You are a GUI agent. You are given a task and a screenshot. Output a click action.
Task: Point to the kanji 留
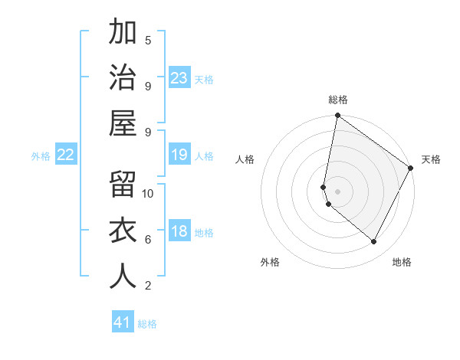[123, 185]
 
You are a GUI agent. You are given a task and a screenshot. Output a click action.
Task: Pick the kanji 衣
[123, 231]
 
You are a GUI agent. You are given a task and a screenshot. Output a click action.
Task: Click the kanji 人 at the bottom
[123, 277]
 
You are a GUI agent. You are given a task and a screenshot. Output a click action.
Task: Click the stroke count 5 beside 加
[148, 40]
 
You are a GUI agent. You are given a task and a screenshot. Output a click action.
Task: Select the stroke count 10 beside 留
[148, 193]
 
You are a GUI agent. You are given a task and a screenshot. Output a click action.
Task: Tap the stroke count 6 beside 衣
[148, 239]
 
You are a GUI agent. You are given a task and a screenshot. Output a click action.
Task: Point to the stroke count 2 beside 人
[148, 286]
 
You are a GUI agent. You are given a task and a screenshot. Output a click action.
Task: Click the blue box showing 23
[179, 78]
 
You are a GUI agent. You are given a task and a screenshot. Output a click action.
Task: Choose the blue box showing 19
[179, 155]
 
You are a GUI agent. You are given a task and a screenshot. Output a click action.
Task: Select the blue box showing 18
[179, 231]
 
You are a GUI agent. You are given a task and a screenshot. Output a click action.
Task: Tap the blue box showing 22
[66, 155]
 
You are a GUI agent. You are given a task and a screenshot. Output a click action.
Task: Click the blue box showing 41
[123, 322]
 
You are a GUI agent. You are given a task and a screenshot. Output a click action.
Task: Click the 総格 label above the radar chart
[338, 100]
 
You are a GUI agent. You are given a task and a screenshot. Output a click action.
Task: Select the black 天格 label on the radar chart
[431, 159]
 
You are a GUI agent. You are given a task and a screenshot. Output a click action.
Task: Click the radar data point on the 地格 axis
[373, 242]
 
